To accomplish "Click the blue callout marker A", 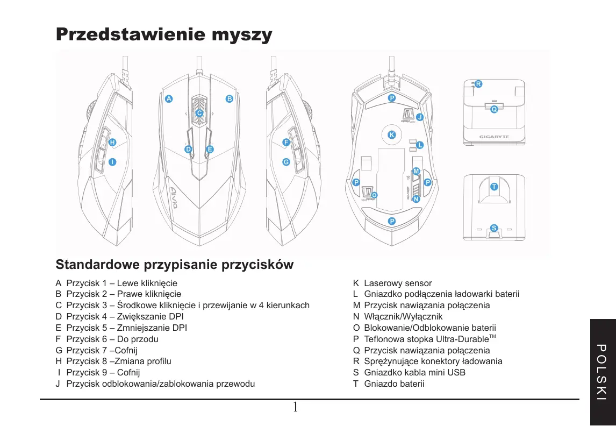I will pyautogui.click(x=168, y=99).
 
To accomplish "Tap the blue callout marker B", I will pyautogui.click(x=229, y=99).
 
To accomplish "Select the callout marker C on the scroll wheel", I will pyautogui.click(x=199, y=113).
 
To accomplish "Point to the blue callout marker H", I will pyautogui.click(x=112, y=143).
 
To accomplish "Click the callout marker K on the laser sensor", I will pyautogui.click(x=392, y=134).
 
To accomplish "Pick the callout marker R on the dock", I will pyautogui.click(x=478, y=84).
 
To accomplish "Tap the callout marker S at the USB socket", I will pyautogui.click(x=494, y=228).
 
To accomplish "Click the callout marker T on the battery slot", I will pyautogui.click(x=494, y=186).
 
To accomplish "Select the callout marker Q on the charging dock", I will pyautogui.click(x=494, y=109).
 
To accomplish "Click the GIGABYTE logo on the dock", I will pyautogui.click(x=494, y=137).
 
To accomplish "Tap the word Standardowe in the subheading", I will pyautogui.click(x=97, y=265).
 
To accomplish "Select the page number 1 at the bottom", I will pyautogui.click(x=295, y=407).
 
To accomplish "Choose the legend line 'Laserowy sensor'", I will pyautogui.click(x=398, y=283).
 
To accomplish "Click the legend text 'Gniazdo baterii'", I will pyautogui.click(x=394, y=384).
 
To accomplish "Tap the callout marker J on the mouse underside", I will pyautogui.click(x=420, y=117).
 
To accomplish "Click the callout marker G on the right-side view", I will pyautogui.click(x=286, y=162).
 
